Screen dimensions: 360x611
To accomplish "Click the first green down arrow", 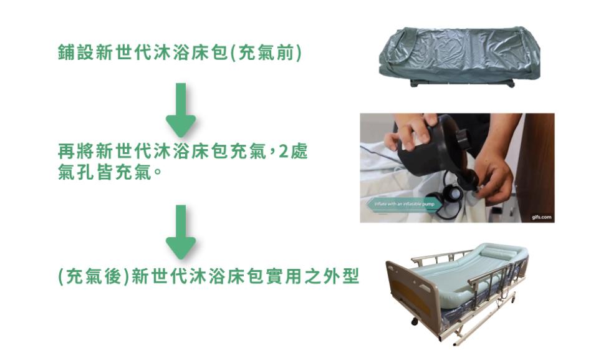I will coord(181,110).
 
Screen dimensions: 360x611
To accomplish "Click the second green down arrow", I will coord(181,232).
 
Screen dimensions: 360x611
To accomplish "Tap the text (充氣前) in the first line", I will coord(266,53).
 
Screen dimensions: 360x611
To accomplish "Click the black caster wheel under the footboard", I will coord(413,321).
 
